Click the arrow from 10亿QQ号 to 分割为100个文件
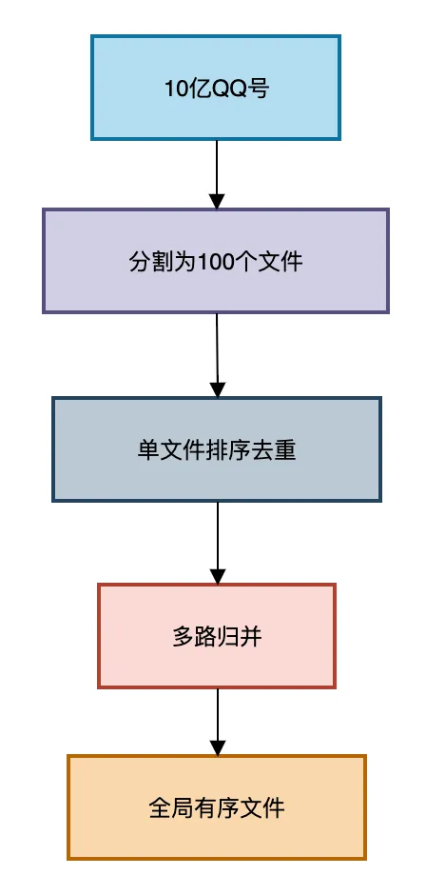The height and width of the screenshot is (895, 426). (217, 171)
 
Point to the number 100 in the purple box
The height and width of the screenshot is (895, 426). (216, 261)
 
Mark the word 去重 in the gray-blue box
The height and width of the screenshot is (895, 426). (277, 449)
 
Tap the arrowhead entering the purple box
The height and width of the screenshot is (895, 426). (217, 200)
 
